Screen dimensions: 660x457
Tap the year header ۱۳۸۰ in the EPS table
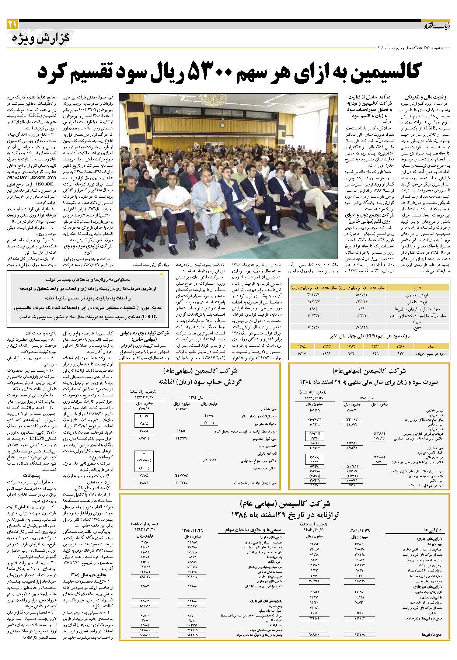[x=400, y=346]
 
